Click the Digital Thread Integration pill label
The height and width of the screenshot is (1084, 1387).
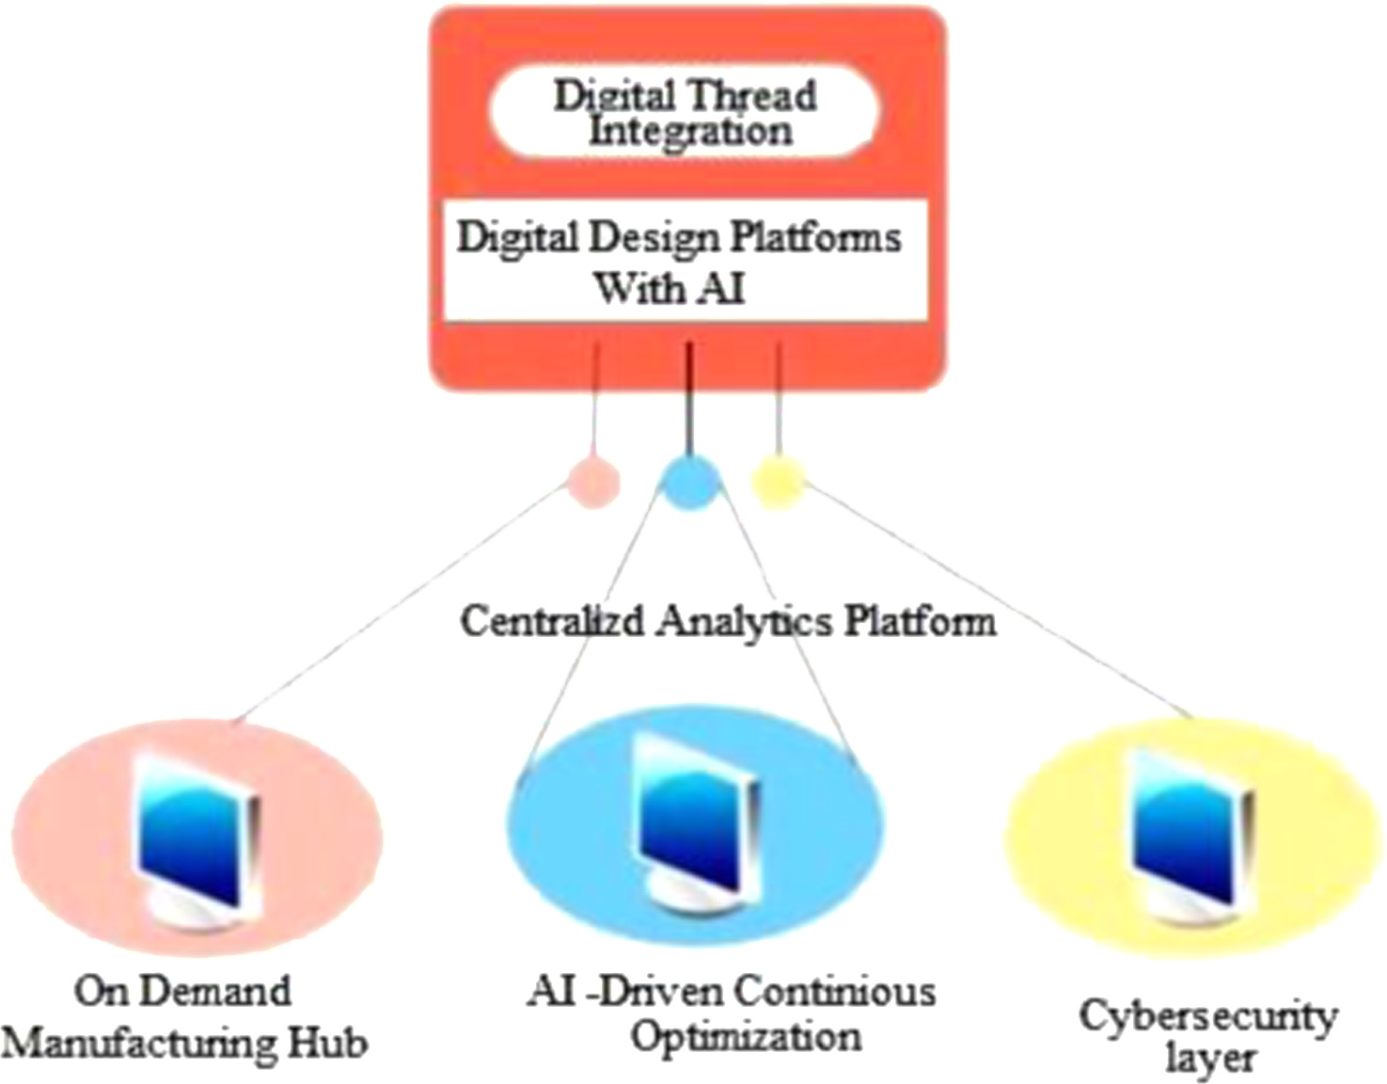[x=685, y=112]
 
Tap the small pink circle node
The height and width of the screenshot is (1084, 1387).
[x=593, y=483]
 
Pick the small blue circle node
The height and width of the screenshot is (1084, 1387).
[x=689, y=482]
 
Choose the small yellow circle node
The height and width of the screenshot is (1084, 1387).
[x=779, y=482]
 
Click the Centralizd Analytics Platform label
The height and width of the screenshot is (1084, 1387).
[x=728, y=621]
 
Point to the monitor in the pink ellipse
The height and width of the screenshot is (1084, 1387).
[x=196, y=838]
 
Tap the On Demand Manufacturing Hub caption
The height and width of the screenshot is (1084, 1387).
[x=184, y=1016]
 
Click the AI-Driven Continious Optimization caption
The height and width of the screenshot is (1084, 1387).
[x=732, y=1014]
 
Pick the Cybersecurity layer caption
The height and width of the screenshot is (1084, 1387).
[x=1208, y=1035]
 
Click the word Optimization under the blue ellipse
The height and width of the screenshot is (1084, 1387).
[x=745, y=1038]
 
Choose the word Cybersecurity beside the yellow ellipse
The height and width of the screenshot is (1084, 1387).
[x=1208, y=1016]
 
